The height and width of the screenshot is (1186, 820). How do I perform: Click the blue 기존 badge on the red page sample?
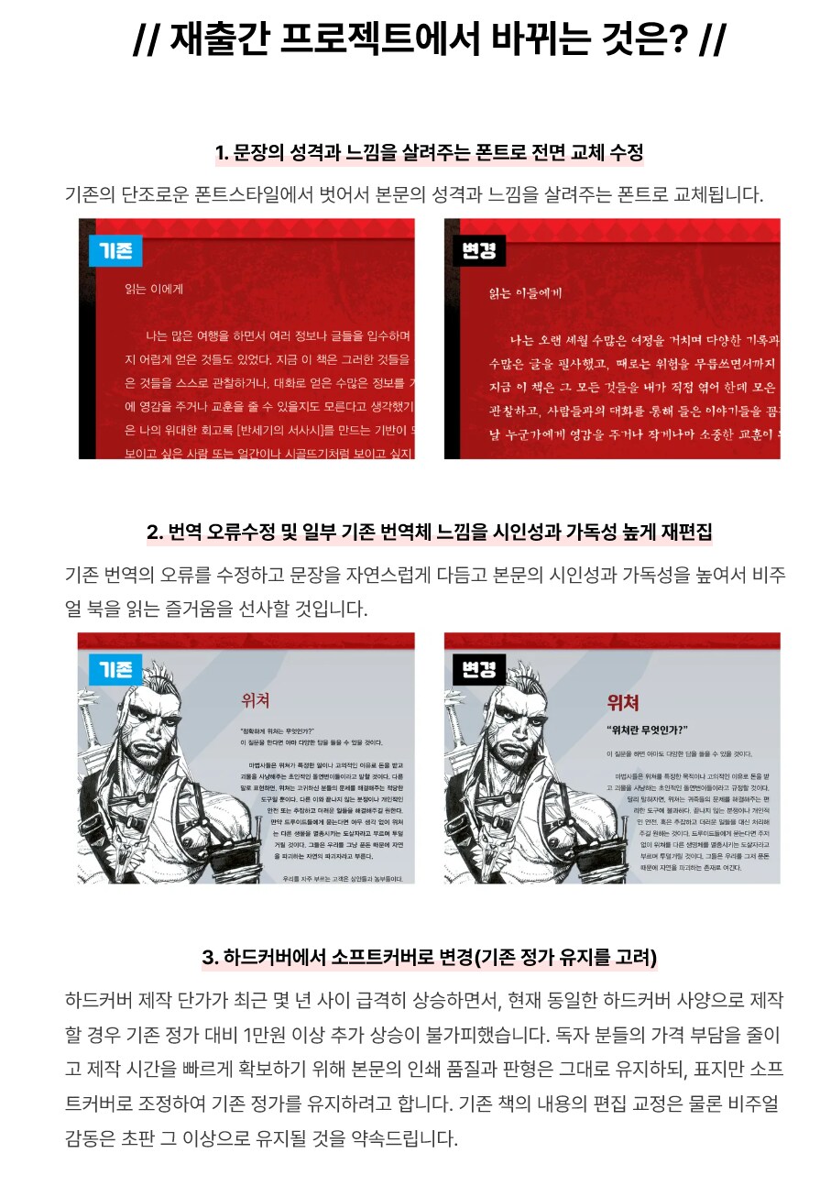[x=115, y=250]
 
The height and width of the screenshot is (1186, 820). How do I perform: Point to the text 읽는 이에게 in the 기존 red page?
[x=154, y=290]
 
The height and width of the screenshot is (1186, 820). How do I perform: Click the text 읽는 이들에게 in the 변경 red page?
[x=526, y=293]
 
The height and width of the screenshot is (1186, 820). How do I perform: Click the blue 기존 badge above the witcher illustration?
[x=115, y=668]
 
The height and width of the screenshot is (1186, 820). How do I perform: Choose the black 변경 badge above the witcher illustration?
[x=479, y=669]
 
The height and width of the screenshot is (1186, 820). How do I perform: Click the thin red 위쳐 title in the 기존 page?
[x=255, y=701]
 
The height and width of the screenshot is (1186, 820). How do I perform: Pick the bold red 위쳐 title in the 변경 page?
[x=622, y=702]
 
